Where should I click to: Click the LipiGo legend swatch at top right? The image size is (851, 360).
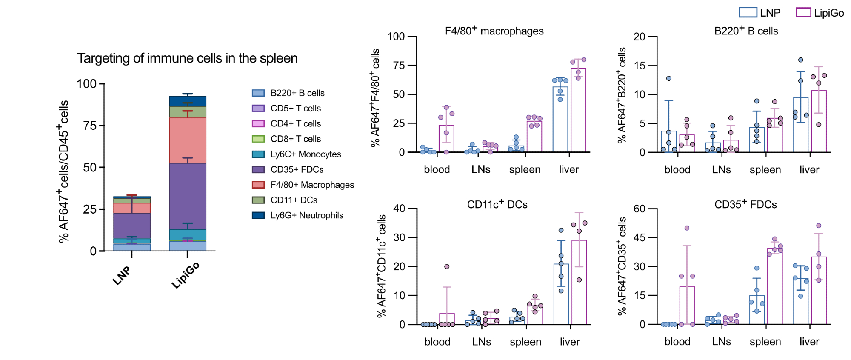tap(803, 12)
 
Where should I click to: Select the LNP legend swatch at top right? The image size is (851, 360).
tap(748, 12)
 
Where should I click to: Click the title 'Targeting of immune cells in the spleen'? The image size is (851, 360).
tap(187, 58)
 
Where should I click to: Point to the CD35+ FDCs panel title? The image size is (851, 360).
tap(745, 204)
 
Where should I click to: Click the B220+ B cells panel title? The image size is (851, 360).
tap(746, 31)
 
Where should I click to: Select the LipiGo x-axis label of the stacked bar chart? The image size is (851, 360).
tap(186, 275)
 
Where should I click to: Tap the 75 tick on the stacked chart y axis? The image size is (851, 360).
tap(90, 126)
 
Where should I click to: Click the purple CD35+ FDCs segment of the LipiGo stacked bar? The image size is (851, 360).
tap(188, 196)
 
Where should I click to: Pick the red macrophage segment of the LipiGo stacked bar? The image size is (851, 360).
tap(188, 140)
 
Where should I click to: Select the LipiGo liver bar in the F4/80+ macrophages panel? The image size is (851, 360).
tap(578, 111)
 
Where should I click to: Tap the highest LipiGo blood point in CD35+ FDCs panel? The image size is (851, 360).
tap(687, 228)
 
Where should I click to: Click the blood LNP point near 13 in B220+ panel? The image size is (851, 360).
tap(669, 78)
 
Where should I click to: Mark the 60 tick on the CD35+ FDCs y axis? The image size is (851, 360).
tap(640, 209)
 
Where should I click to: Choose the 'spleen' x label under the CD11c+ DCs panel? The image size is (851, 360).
tap(525, 342)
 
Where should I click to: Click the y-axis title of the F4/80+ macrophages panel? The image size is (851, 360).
tap(375, 98)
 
